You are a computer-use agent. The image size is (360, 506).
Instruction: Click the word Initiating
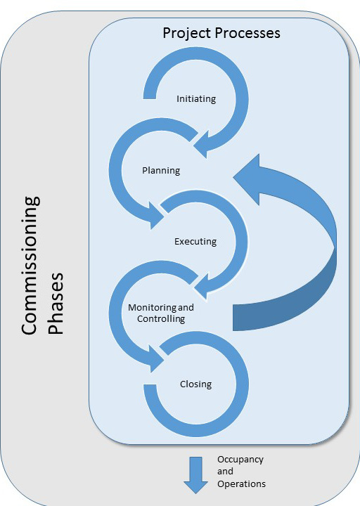[x=195, y=99]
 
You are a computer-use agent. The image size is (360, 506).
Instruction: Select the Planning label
[x=161, y=170]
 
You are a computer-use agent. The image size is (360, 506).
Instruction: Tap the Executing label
[x=195, y=242]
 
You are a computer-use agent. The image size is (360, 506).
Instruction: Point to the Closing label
[x=195, y=384]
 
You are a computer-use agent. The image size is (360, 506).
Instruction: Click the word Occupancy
[x=240, y=459]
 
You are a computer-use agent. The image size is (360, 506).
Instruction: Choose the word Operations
[x=241, y=484]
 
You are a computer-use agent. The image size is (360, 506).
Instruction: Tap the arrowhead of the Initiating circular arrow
[x=205, y=144]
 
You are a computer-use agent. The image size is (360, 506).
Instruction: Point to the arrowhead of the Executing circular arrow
[x=205, y=285]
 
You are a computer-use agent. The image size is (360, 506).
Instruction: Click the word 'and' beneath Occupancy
[x=224, y=472]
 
